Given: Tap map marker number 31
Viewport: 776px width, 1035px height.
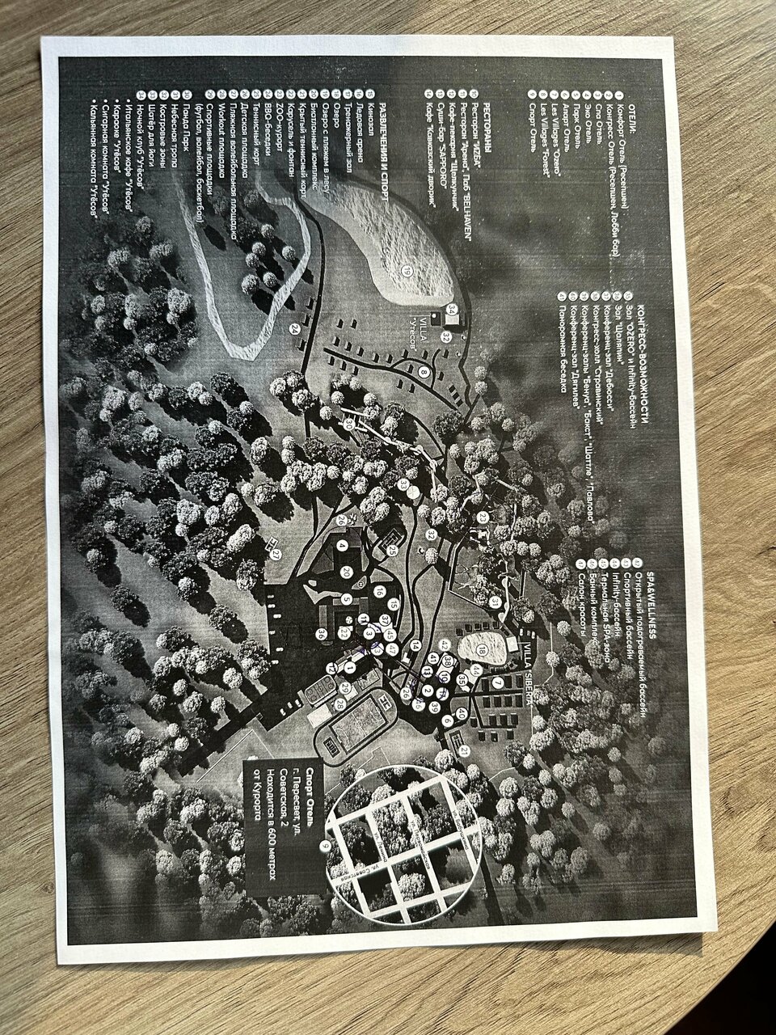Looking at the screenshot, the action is [x=495, y=602].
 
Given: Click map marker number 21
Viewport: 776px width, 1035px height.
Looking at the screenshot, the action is [x=466, y=750].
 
